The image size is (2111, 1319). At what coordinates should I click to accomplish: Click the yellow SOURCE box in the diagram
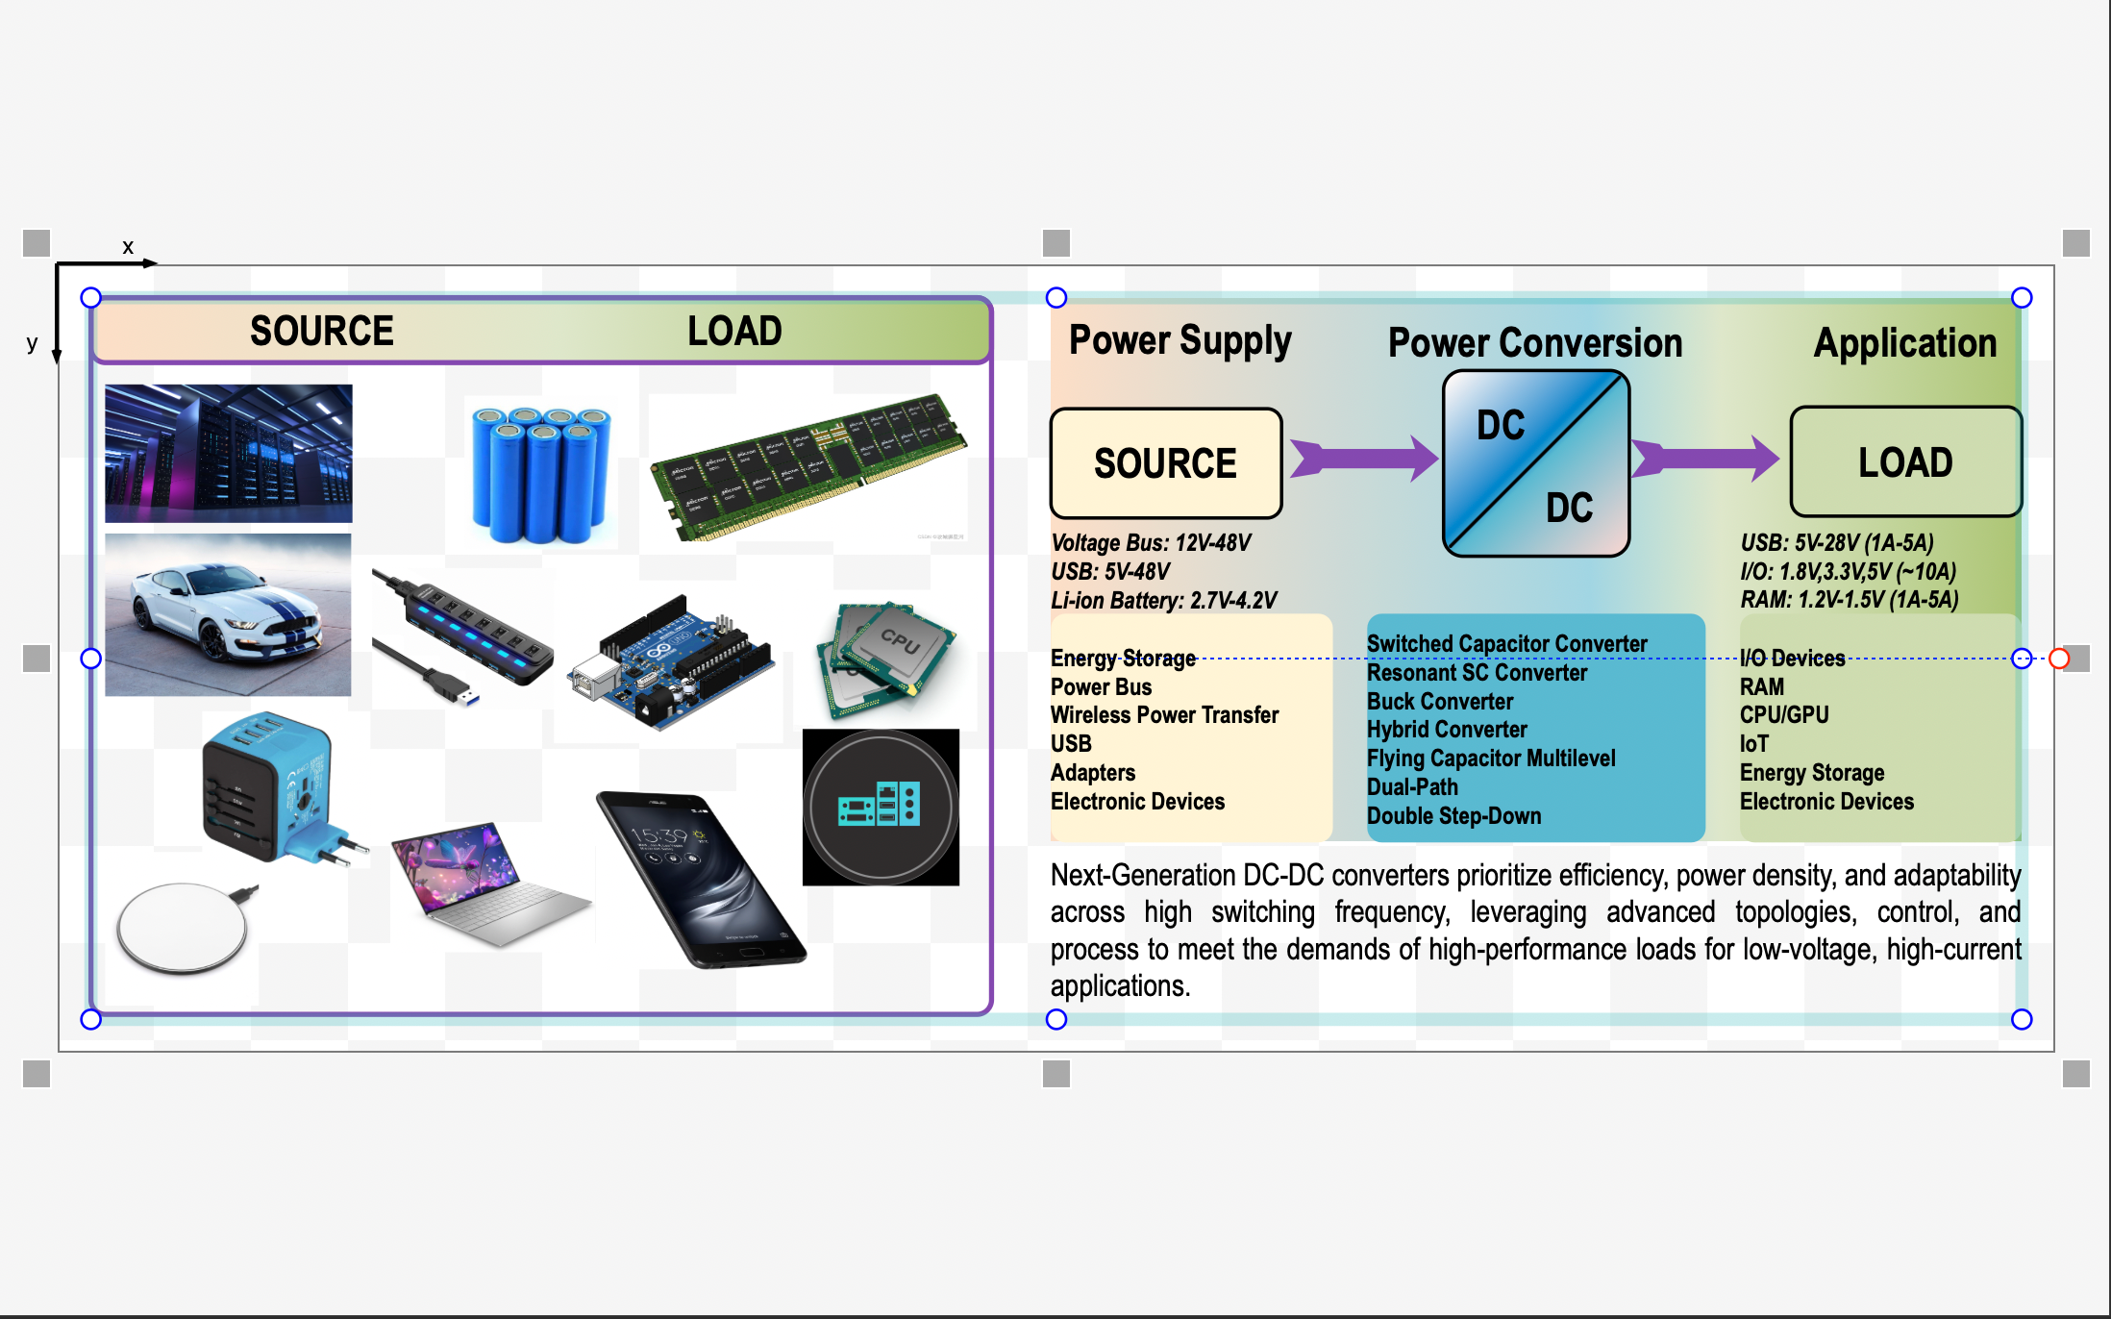tap(1165, 463)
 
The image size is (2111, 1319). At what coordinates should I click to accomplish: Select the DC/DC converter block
tap(1535, 463)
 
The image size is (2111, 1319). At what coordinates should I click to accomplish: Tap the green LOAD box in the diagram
tap(1904, 462)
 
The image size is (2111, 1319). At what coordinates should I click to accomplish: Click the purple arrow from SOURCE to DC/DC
tap(1362, 458)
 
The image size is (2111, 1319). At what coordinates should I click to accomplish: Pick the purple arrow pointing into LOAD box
tap(1704, 458)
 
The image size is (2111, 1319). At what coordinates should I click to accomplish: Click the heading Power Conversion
tap(1534, 343)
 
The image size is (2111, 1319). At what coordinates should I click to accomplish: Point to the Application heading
tap(1904, 343)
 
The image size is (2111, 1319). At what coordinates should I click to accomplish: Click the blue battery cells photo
tap(541, 474)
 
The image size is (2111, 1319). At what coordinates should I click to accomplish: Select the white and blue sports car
tap(228, 615)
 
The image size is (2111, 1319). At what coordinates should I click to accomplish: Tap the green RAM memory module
tap(807, 466)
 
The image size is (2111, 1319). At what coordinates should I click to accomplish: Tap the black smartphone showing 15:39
tap(699, 878)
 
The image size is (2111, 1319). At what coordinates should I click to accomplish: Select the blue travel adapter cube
tap(274, 788)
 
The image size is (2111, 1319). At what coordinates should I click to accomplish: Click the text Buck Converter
tap(1439, 702)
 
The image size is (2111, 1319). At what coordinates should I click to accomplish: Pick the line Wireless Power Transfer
tap(1164, 715)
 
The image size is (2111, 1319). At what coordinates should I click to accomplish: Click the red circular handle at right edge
tap(2059, 659)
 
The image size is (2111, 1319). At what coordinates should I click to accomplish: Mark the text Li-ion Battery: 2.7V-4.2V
tap(1163, 601)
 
